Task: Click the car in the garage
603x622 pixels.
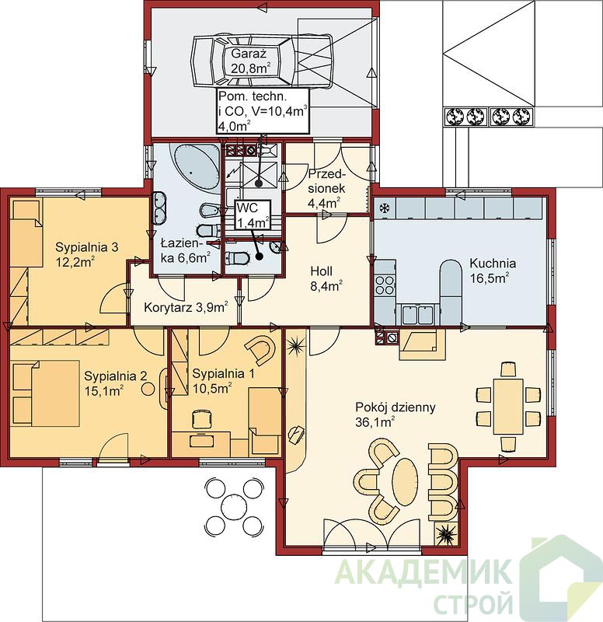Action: pos(263,61)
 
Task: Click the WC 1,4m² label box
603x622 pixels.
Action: pos(253,215)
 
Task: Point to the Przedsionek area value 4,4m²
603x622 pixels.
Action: pos(324,203)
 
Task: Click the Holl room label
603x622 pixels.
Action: pos(322,271)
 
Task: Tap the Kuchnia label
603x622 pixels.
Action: pos(493,263)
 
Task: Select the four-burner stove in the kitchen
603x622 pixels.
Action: pos(385,285)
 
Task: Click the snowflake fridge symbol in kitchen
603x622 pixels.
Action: pos(384,208)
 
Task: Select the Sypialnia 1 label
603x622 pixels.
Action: pos(223,374)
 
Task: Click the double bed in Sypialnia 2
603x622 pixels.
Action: pos(45,393)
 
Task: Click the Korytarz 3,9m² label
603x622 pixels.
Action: pos(186,307)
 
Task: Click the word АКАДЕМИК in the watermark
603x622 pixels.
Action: pos(423,572)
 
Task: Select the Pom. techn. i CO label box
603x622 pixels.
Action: pos(263,110)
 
